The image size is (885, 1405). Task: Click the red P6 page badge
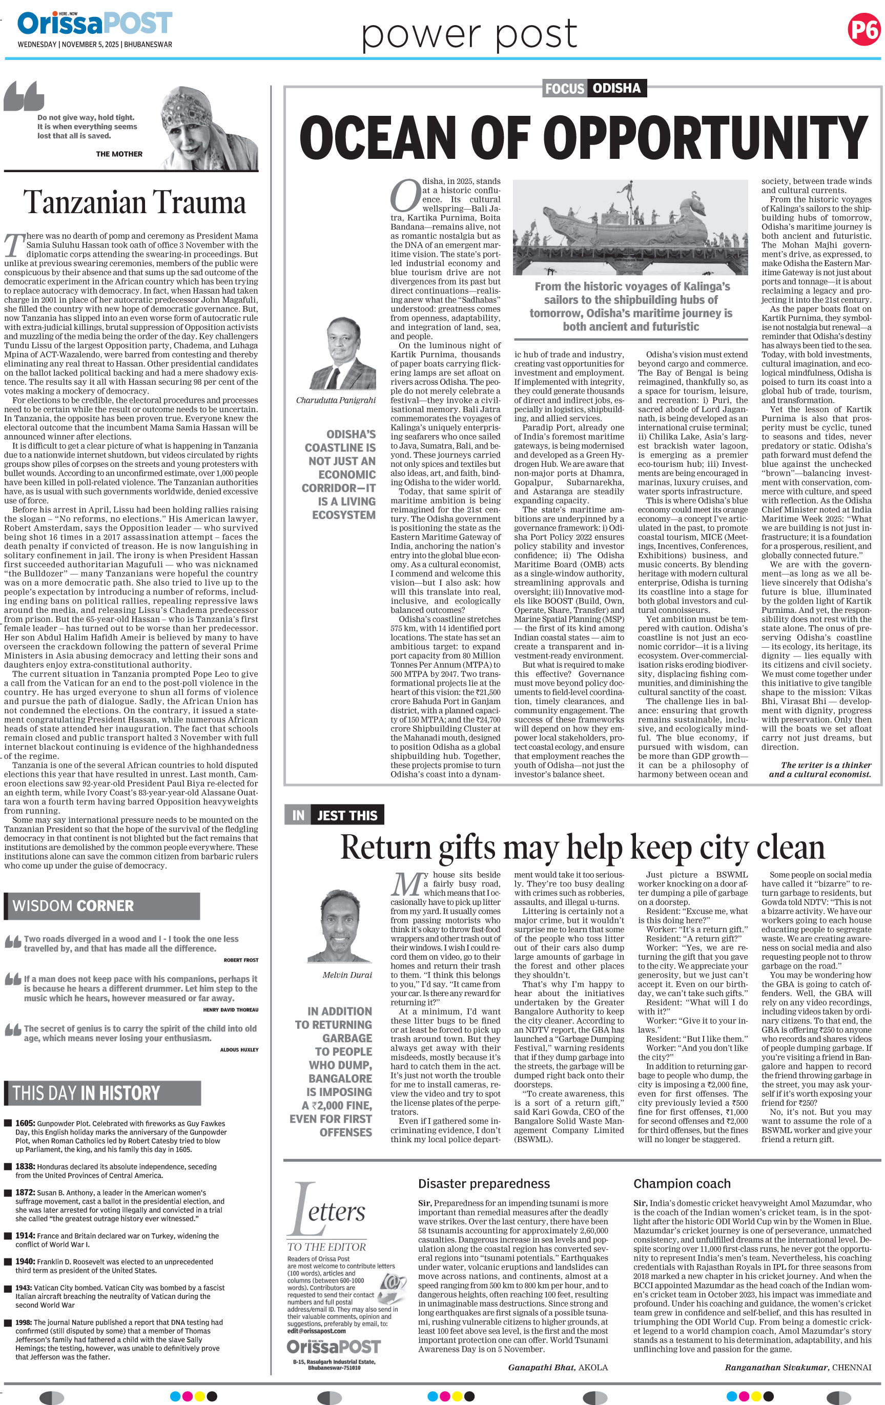point(863,29)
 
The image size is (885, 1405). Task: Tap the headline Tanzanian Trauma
point(135,202)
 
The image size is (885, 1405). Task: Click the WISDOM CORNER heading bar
point(102,906)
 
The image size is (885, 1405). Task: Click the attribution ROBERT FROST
point(241,960)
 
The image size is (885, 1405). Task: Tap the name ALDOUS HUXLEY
point(239,1050)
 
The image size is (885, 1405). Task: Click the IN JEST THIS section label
point(334,815)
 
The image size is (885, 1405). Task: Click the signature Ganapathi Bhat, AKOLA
point(558,1367)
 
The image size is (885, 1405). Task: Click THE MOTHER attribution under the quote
point(119,154)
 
